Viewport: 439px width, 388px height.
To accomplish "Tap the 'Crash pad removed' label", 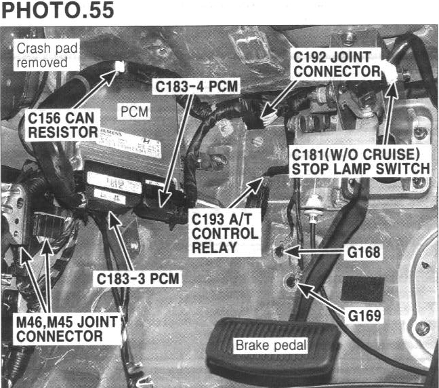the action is coord(42,55).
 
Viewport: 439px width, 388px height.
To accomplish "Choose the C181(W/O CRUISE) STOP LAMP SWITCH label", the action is coord(359,160).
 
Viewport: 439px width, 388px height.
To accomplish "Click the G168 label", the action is coord(363,253).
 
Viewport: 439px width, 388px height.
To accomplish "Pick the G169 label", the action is coord(363,315).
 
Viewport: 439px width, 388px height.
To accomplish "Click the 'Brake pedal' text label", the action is coord(270,345).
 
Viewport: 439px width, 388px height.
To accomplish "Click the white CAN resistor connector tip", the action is coord(120,66).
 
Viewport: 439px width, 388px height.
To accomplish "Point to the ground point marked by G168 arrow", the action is coord(281,252).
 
